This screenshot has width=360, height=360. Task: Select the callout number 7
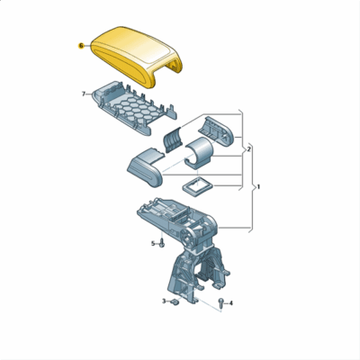click(x=84, y=94)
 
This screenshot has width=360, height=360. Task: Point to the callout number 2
click(x=248, y=148)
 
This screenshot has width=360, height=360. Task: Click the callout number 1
click(x=259, y=187)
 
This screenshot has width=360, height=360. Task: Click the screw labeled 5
click(x=162, y=244)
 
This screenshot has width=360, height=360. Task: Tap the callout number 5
click(x=152, y=244)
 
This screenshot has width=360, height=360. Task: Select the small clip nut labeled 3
click(x=175, y=302)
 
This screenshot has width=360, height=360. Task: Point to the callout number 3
click(x=164, y=301)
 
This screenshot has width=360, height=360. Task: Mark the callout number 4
click(x=231, y=303)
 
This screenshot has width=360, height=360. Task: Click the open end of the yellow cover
click(x=169, y=66)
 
